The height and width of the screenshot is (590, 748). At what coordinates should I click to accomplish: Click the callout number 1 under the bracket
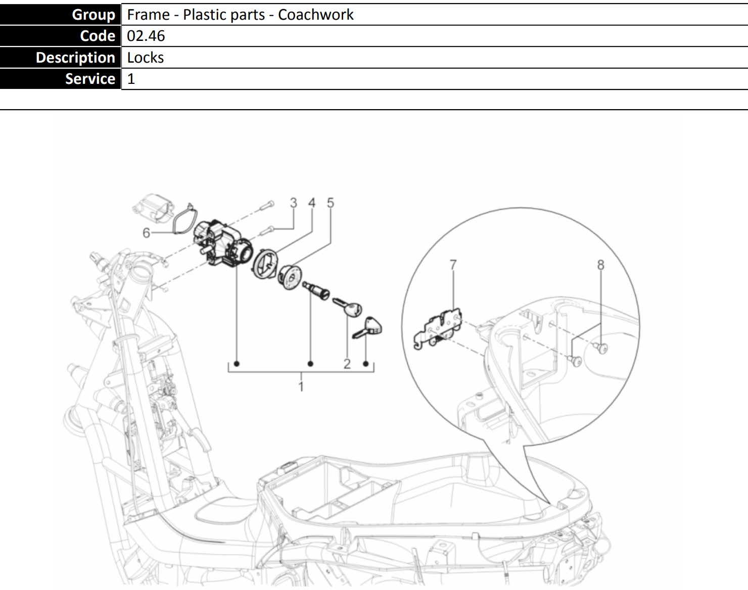click(x=301, y=386)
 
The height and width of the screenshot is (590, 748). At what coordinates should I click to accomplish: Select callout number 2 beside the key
click(x=347, y=364)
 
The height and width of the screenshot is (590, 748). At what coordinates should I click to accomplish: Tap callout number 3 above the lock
click(x=294, y=203)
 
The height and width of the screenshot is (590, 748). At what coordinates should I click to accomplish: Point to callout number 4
click(x=312, y=203)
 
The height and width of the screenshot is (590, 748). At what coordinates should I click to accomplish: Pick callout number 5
click(x=330, y=203)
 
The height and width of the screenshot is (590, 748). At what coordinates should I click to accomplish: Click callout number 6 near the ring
click(x=147, y=233)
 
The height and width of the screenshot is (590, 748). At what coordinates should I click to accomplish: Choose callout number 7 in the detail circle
click(x=453, y=265)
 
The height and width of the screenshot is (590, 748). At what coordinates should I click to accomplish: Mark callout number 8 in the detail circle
click(x=600, y=265)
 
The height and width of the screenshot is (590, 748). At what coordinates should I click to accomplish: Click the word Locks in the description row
click(x=145, y=58)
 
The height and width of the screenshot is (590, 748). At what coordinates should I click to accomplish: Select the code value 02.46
click(x=146, y=36)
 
